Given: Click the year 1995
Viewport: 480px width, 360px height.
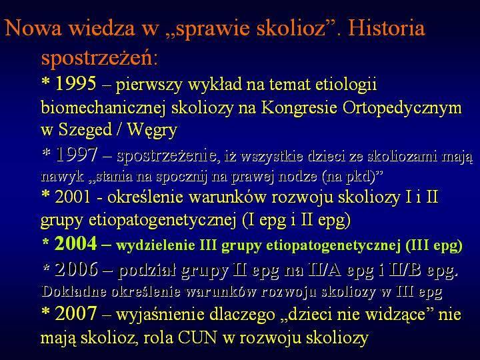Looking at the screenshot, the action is (75, 83).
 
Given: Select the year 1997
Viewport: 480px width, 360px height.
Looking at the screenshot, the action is (77, 155).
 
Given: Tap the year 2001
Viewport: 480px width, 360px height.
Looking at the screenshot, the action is (73, 196).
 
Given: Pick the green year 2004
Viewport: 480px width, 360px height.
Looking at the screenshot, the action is (75, 244).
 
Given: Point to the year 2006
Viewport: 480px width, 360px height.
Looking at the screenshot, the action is (76, 269).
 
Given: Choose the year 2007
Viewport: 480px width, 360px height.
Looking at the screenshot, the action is (76, 313).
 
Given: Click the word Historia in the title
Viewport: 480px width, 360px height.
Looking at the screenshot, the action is (386, 27).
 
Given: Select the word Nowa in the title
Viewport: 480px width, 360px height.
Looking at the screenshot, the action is (34, 27).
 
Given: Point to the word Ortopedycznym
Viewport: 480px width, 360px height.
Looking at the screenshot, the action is (402, 108).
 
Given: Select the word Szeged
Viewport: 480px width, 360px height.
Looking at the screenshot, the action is (85, 129).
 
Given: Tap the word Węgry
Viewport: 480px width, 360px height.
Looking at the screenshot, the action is (152, 130).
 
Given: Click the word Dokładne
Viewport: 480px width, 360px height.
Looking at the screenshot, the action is (74, 291).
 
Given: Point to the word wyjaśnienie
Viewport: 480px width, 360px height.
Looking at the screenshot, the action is (161, 315).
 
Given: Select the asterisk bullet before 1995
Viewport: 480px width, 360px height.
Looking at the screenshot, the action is (45, 82).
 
